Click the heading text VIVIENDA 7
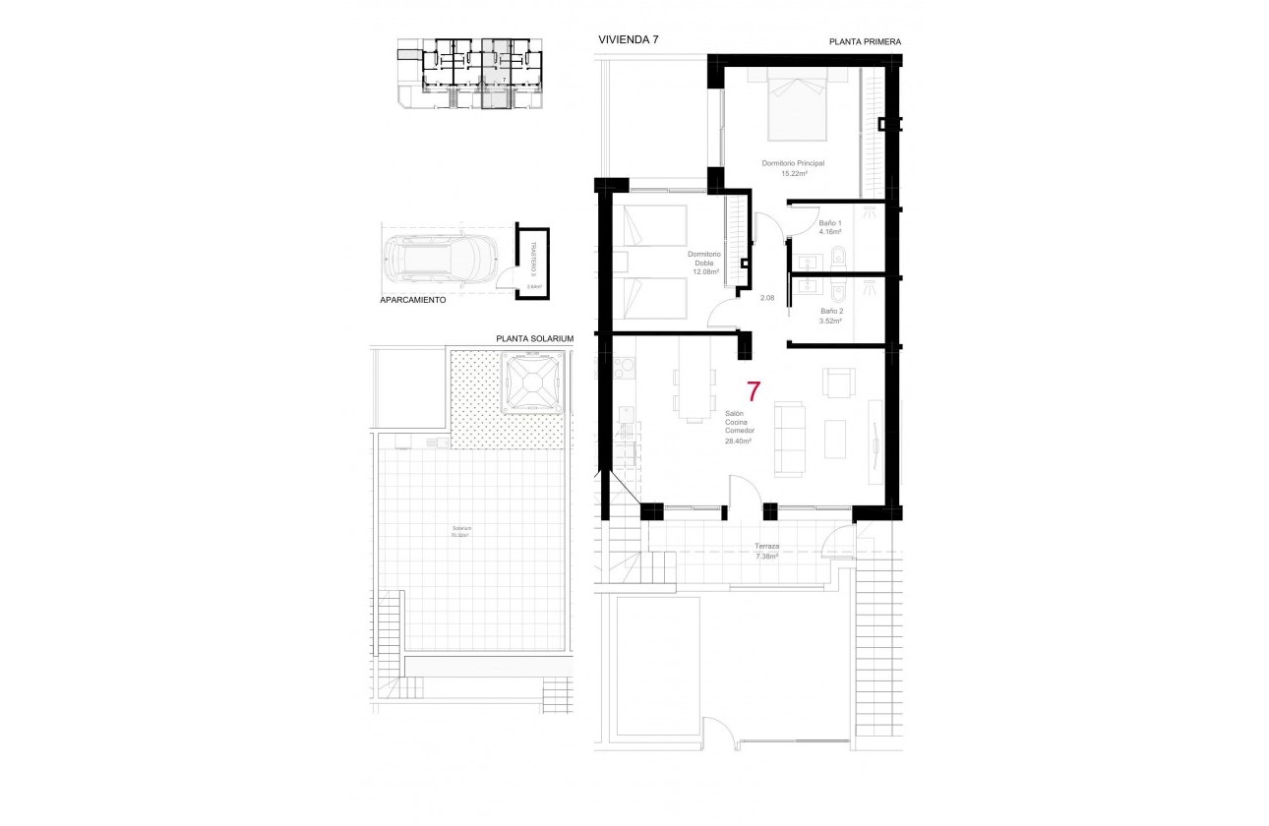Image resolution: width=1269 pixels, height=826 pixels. pyautogui.click(x=628, y=39)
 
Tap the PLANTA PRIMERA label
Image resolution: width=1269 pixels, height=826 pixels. pyautogui.click(x=865, y=42)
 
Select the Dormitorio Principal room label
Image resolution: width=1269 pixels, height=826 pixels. pyautogui.click(x=793, y=163)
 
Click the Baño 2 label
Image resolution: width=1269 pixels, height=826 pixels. pyautogui.click(x=831, y=311)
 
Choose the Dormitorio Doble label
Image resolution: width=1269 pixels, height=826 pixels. pyautogui.click(x=704, y=259)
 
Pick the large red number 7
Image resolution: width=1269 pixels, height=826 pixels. pyautogui.click(x=754, y=391)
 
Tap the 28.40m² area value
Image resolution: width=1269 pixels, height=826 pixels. pyautogui.click(x=738, y=442)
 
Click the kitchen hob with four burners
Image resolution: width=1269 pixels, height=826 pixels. pyautogui.click(x=625, y=368)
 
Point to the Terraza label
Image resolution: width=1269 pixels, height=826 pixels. pyautogui.click(x=766, y=546)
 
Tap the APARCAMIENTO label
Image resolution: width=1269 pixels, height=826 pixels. pyautogui.click(x=413, y=300)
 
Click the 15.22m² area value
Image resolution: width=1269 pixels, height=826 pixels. pyautogui.click(x=793, y=174)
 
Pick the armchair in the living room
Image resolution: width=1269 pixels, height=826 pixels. pyautogui.click(x=839, y=382)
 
